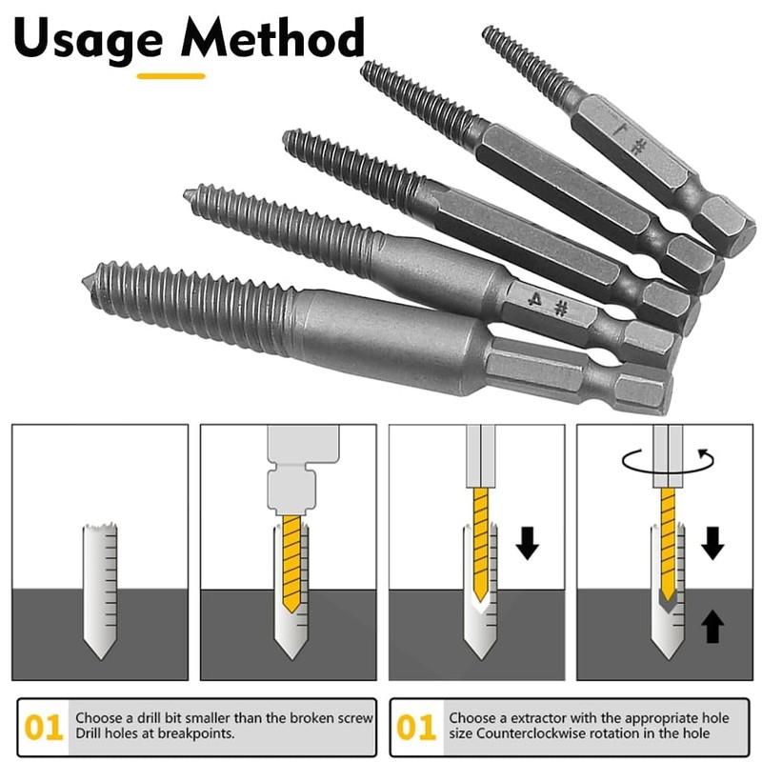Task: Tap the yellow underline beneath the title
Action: (171, 74)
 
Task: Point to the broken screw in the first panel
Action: (99, 591)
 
